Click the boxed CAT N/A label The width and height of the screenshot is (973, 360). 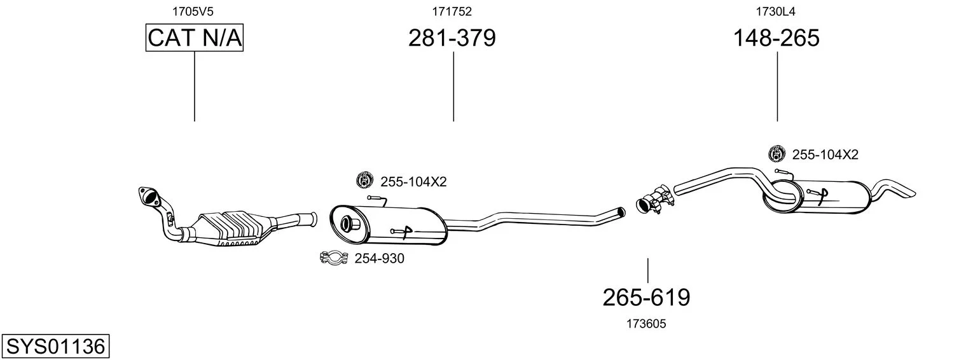(194, 38)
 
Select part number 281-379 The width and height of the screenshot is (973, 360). (452, 38)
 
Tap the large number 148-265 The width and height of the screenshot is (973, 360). (776, 38)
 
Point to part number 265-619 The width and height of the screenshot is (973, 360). (646, 298)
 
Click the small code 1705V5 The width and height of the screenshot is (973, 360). (193, 11)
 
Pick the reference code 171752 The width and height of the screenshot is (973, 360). (452, 11)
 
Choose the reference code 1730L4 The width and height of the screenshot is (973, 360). (776, 11)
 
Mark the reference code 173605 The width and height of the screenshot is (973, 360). (646, 324)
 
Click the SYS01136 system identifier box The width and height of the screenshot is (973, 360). (55, 347)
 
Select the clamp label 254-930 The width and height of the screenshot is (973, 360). (379, 258)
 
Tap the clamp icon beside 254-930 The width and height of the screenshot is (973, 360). (334, 258)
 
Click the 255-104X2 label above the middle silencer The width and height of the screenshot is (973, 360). (413, 181)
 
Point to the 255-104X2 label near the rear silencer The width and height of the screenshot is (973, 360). (825, 155)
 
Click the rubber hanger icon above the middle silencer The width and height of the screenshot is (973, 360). (364, 180)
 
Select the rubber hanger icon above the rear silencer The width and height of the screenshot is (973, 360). (776, 154)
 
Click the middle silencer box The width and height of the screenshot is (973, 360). (388, 225)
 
